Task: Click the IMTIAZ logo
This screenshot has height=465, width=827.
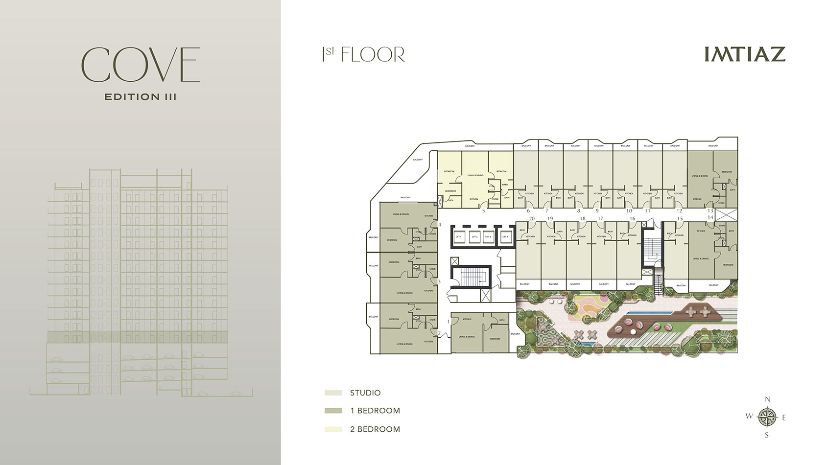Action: tap(745, 54)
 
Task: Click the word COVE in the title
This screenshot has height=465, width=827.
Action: tap(141, 65)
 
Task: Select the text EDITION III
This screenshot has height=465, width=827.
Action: tap(141, 97)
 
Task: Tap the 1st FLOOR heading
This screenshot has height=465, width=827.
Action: tap(363, 54)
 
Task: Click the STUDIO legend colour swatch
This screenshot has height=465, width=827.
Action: tap(333, 393)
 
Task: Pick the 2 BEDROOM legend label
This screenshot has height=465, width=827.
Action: tap(375, 429)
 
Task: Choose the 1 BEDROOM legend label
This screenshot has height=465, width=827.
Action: tap(375, 411)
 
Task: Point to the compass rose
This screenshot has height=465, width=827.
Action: tap(767, 417)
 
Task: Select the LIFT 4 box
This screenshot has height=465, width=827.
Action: tap(505, 237)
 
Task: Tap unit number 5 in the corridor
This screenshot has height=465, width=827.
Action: tap(484, 211)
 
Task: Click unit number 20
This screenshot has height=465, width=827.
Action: tap(532, 219)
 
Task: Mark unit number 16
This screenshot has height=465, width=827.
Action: tap(632, 219)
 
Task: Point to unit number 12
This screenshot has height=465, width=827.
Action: tap(679, 211)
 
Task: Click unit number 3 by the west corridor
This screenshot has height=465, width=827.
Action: tap(439, 281)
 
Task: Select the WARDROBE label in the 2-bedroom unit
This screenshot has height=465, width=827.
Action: tap(450, 191)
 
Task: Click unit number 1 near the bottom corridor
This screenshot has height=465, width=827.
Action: tap(449, 321)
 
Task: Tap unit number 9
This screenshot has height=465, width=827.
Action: tap(597, 211)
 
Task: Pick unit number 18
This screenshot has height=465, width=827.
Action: tap(582, 219)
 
